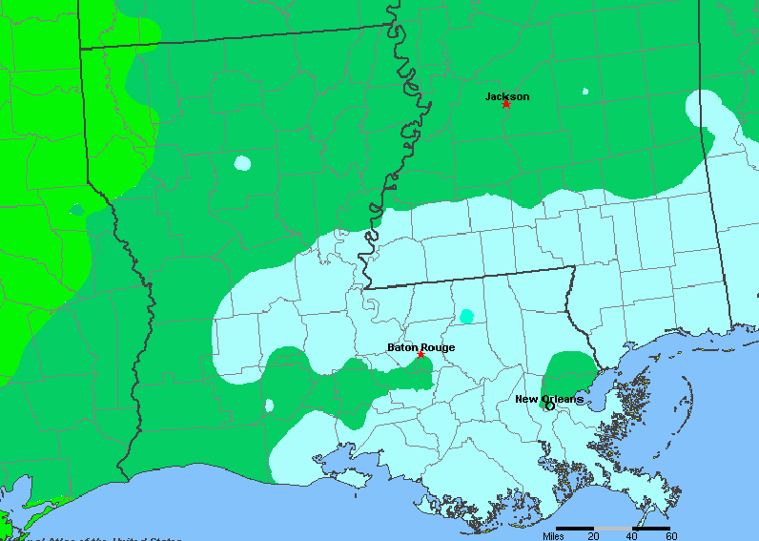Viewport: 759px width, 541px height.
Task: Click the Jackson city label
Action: coord(507,96)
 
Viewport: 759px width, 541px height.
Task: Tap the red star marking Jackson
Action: coord(506,104)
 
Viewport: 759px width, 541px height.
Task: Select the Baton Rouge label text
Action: coord(421,347)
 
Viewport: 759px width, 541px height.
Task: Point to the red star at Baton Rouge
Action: coord(421,355)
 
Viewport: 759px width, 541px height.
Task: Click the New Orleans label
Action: coord(549,399)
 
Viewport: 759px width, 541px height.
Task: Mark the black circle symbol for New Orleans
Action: coord(550,406)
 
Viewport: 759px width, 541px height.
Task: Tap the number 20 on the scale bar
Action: coord(593,535)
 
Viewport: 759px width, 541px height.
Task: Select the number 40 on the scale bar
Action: coord(632,535)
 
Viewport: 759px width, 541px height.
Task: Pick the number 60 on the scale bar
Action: coord(670,535)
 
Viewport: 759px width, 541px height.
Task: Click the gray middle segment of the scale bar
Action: coord(612,527)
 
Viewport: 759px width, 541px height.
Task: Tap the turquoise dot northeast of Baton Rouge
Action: coord(466,316)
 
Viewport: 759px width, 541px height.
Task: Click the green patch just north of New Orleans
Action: coord(569,368)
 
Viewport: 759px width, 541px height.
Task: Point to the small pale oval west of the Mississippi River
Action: coord(243,163)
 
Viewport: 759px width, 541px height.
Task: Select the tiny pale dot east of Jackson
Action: coord(585,92)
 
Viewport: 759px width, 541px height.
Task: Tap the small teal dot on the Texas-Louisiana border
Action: coord(76,209)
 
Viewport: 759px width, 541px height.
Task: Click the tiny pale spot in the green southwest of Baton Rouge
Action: coord(269,406)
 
